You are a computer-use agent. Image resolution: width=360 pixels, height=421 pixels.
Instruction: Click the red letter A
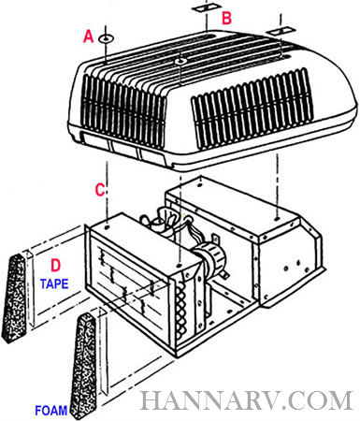89,36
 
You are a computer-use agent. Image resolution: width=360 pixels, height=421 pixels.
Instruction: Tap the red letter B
226,18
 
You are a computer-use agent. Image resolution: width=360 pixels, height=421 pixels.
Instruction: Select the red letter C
100,190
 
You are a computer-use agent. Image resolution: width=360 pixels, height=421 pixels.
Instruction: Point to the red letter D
55,266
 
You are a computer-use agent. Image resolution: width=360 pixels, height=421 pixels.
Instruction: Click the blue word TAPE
54,283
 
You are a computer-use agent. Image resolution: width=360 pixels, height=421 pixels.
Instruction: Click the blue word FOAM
51,410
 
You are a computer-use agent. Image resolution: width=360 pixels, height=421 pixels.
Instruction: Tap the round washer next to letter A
106,39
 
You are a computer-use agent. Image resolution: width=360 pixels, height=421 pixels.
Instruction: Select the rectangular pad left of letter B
206,7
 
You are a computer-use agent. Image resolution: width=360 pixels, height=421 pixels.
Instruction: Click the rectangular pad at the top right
281,31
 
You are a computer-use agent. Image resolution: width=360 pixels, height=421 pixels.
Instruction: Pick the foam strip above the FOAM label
83,365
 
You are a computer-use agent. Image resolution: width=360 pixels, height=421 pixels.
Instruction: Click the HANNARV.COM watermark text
247,400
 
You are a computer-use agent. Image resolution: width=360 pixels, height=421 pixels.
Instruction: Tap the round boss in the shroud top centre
180,62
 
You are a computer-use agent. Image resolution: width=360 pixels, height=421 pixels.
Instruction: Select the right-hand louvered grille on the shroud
252,109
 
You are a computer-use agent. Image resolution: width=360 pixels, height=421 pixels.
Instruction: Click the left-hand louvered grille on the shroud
124,110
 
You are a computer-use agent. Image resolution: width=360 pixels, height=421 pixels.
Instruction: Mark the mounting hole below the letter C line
108,227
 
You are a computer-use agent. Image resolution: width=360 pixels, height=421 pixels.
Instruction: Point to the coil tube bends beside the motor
181,307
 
